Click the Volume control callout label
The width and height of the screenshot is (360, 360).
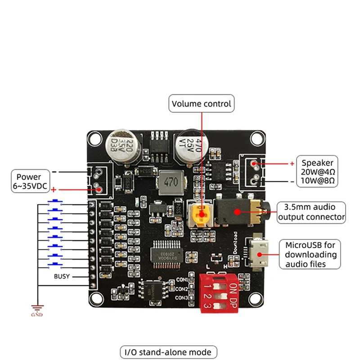(202, 104)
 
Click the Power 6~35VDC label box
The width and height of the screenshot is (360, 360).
(29, 181)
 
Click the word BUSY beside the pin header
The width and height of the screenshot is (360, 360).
(62, 276)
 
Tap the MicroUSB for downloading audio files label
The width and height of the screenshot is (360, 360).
(310, 254)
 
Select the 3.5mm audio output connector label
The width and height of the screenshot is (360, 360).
(312, 212)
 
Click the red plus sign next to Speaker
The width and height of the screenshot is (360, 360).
(292, 163)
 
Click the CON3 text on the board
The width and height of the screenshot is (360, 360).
(181, 298)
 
